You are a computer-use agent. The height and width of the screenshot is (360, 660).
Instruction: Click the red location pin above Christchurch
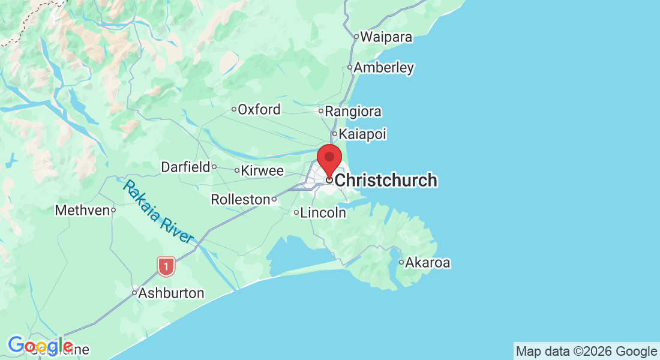[x=329, y=158]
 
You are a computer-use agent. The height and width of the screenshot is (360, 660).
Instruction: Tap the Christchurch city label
[x=385, y=180]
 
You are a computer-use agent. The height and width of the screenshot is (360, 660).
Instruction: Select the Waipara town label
[x=386, y=37]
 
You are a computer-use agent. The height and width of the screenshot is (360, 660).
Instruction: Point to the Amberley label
[x=384, y=68]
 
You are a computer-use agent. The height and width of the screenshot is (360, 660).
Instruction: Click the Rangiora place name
[x=353, y=112]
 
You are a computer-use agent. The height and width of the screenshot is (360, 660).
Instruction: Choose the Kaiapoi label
[x=362, y=134]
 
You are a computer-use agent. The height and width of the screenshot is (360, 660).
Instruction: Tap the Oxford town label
[x=259, y=110]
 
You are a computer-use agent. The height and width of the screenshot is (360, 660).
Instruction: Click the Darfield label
[x=185, y=167]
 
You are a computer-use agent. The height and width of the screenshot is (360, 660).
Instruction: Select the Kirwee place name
[x=263, y=171]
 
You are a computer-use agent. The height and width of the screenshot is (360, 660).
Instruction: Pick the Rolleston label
[x=240, y=199]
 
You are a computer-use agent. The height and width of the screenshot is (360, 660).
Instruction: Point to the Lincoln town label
[x=323, y=212]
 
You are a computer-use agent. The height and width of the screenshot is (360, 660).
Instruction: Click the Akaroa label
[x=428, y=262]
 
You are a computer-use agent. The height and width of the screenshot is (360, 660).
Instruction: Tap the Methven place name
[x=82, y=211]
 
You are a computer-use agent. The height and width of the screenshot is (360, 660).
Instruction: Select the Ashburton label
[x=171, y=293]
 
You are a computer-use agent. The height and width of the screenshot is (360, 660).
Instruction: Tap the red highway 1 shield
[x=166, y=266]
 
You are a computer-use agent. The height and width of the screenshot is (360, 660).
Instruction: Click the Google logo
[x=41, y=346]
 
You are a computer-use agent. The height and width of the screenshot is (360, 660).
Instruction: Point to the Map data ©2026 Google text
[x=586, y=352]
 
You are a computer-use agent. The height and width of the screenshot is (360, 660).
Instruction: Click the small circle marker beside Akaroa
[x=401, y=262]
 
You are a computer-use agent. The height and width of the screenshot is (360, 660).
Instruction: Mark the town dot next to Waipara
[x=356, y=37]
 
